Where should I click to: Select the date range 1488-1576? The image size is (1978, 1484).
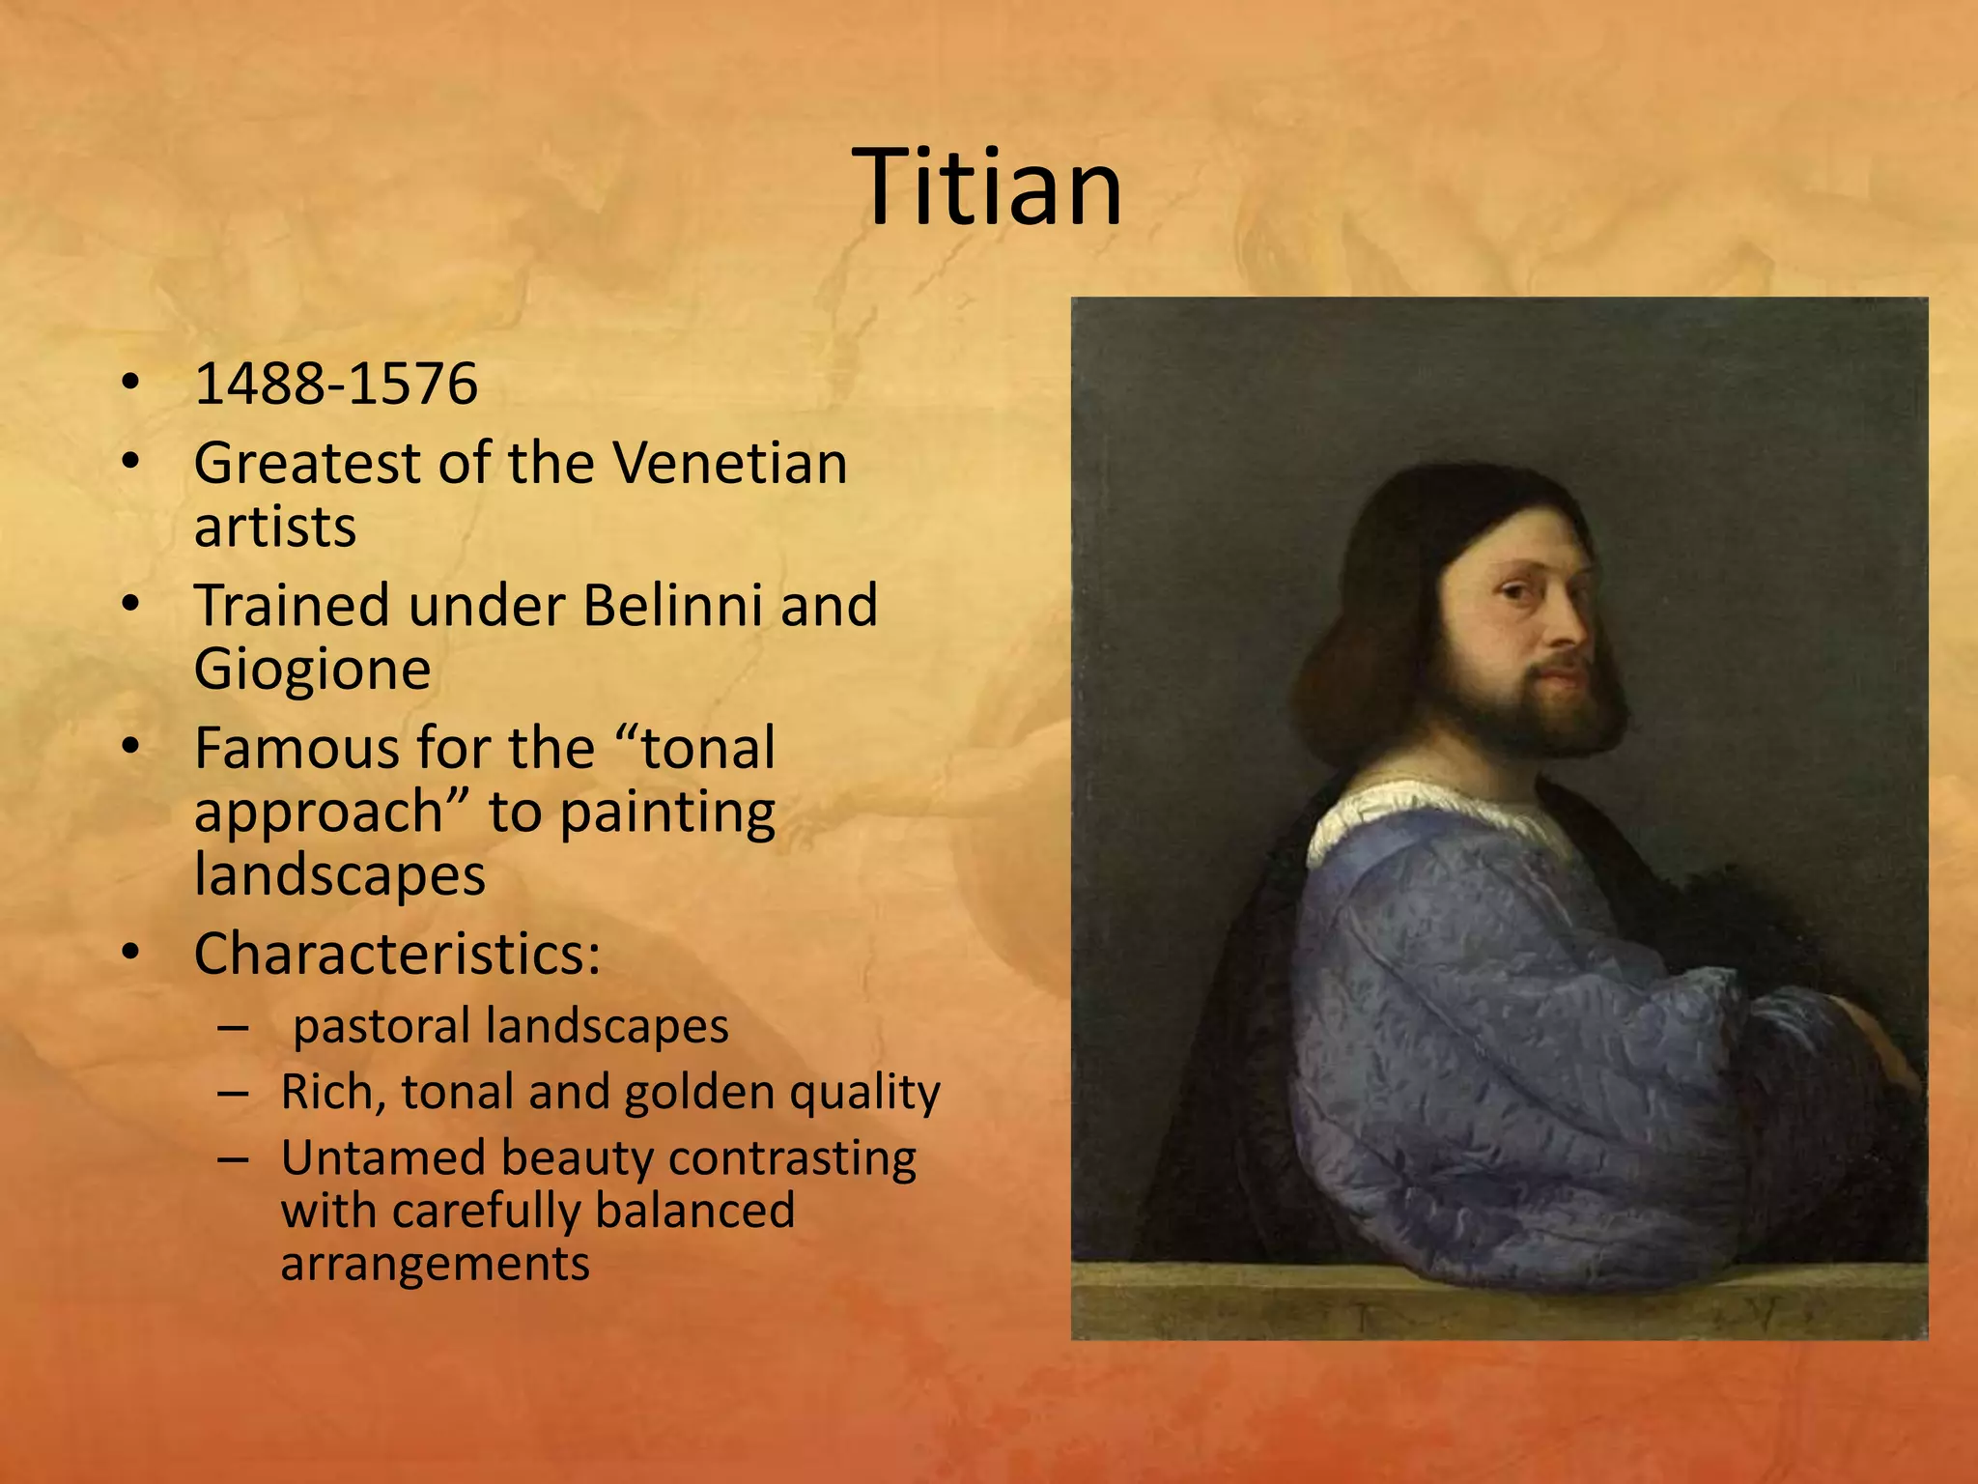[335, 384]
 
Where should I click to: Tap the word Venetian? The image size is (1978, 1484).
[730, 463]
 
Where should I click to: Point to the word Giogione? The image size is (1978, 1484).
[312, 670]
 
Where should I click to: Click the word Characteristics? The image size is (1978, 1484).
[397, 954]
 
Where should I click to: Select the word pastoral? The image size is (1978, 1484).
[381, 1026]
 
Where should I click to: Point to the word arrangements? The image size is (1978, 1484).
[435, 1263]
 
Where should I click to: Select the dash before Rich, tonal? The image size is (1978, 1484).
[233, 1094]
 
